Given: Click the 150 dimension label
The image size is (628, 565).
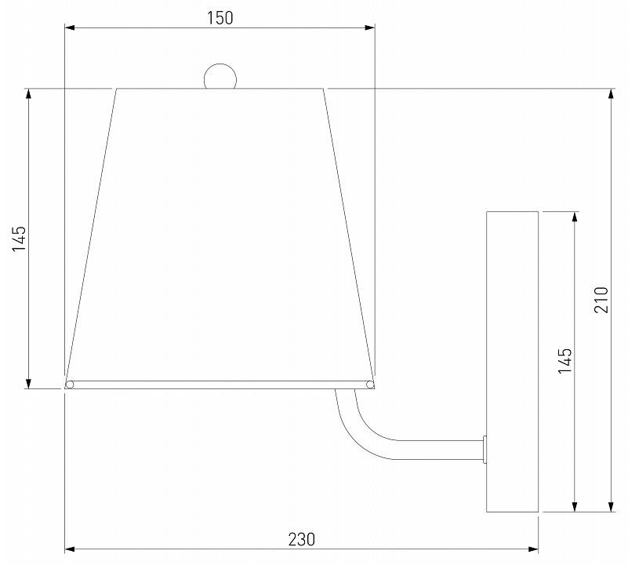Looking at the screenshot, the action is [x=220, y=18].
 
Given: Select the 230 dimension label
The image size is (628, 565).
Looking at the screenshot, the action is [x=302, y=539].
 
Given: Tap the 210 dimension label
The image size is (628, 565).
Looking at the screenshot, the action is [x=601, y=300].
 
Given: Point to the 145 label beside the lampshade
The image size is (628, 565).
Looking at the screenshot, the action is [x=19, y=239].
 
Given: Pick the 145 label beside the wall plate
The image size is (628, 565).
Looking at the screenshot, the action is [x=565, y=361].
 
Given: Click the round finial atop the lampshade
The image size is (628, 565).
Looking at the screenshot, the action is [x=220, y=76].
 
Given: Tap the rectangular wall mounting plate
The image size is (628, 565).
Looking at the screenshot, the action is [x=512, y=362].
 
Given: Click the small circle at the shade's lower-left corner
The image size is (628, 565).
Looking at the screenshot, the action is [x=70, y=385].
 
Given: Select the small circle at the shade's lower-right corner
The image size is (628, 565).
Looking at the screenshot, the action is [x=370, y=385].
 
